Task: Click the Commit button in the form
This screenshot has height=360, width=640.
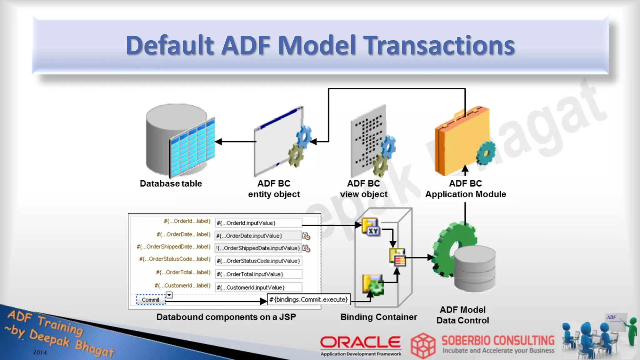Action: click(x=151, y=300)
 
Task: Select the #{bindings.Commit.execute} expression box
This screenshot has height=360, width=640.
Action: click(x=309, y=299)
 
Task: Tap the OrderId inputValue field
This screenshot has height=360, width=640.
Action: click(x=258, y=223)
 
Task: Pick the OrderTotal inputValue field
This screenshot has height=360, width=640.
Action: click(x=258, y=274)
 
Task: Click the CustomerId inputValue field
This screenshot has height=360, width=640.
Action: click(x=258, y=287)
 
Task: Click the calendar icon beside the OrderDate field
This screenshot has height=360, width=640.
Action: click(x=306, y=236)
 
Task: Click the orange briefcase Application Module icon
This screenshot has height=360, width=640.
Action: click(x=461, y=141)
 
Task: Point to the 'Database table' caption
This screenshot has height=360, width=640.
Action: click(x=171, y=183)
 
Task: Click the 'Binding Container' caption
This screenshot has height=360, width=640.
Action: click(x=378, y=317)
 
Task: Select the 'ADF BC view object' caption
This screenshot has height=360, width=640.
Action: click(x=363, y=189)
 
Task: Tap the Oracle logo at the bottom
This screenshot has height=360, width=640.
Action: click(x=360, y=343)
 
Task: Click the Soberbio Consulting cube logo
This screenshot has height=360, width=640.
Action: click(x=423, y=346)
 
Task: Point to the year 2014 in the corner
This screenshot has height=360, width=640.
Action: click(x=40, y=352)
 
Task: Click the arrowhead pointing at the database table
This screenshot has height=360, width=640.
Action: click(x=218, y=142)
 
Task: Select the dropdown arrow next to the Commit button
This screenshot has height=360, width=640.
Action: click(x=169, y=295)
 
